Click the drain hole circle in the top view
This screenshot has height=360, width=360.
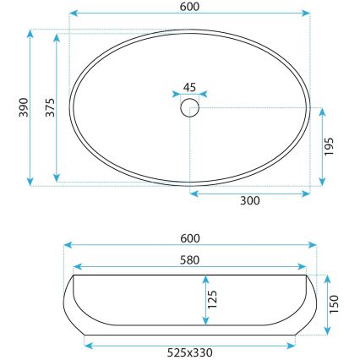tap(190, 107)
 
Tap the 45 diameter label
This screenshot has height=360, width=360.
tap(190, 86)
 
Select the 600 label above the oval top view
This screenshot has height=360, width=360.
tap(190, 7)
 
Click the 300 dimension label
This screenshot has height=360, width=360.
tap(249, 202)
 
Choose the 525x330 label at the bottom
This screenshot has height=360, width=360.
tap(190, 352)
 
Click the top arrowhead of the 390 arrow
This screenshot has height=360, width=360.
tap(30, 33)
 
